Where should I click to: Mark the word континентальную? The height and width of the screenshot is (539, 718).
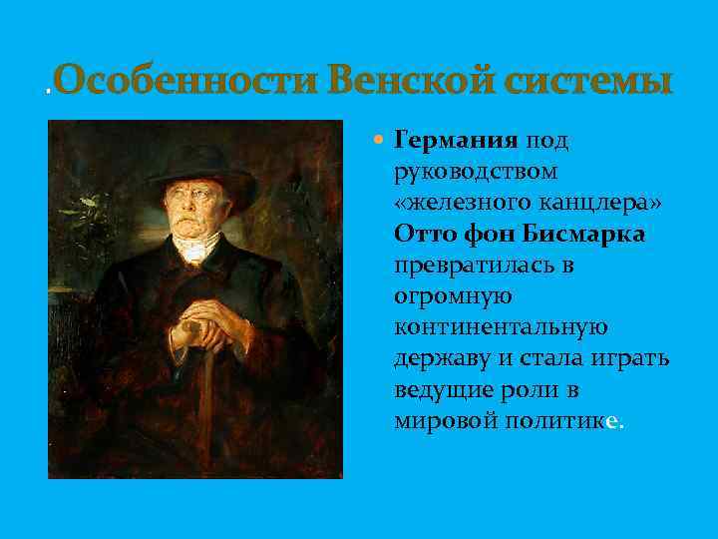coord(501,326)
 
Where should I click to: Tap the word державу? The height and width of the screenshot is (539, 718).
coord(439,357)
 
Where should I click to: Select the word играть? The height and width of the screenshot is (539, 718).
coord(633,357)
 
